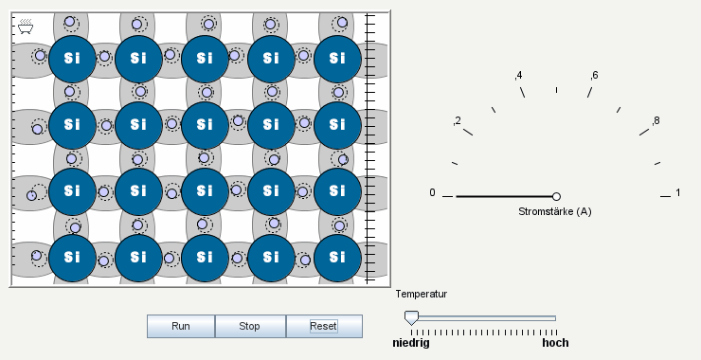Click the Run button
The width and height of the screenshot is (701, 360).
pos(181,326)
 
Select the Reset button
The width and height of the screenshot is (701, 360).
pos(324,326)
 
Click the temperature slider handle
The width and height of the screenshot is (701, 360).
pos(410,317)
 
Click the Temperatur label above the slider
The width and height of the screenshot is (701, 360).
pos(422,294)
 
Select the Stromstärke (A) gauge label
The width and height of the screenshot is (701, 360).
pos(555,211)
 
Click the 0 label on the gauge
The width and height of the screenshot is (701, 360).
pos(433,193)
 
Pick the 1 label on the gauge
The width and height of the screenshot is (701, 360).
pos(678,193)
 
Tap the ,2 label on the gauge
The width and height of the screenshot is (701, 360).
pos(457,120)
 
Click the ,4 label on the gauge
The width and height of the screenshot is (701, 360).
pos(518,75)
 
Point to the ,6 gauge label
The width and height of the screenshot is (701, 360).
pos(593,75)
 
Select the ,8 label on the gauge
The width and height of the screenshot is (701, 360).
pos(655,120)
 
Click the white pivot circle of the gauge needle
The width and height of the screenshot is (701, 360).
pos(556,196)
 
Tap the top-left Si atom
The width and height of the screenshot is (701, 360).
pos(71,57)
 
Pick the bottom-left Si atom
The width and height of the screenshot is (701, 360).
pos(71,256)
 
